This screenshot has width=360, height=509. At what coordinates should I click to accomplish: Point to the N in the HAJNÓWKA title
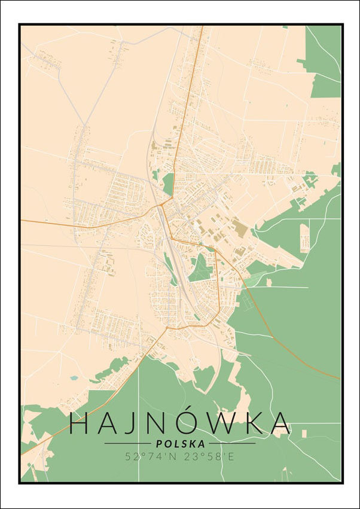163,423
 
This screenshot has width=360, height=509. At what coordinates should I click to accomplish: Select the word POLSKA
180,444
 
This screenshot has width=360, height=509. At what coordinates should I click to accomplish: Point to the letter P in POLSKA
158,444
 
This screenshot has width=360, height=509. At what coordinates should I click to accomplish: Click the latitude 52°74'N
147,456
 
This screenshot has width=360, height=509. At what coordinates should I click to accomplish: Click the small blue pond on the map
73,378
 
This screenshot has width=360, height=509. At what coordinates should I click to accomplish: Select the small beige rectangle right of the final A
304,431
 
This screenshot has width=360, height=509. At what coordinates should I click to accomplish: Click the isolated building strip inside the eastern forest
304,238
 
